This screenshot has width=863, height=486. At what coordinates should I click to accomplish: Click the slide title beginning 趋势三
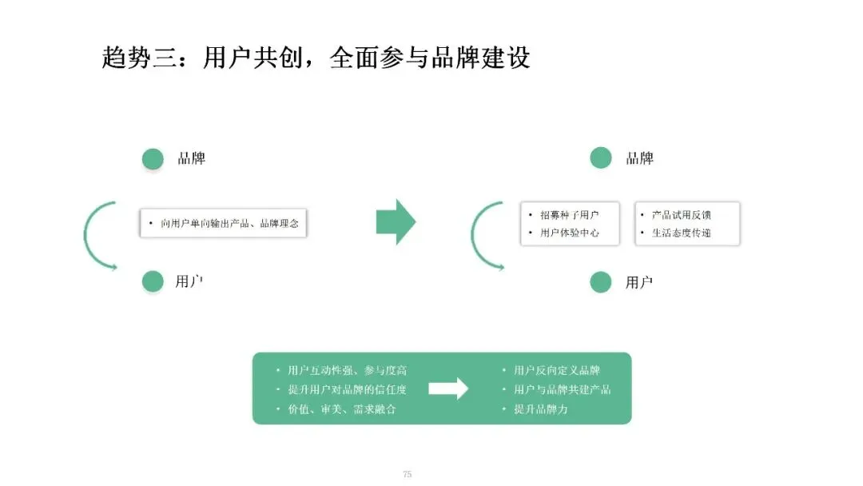(316, 58)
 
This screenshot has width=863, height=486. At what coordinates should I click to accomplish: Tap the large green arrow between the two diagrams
(396, 221)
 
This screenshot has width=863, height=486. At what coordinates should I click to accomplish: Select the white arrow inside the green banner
(448, 388)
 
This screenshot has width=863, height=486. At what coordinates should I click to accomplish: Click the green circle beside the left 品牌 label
(153, 159)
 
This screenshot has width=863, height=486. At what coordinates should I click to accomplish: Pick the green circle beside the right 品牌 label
(600, 158)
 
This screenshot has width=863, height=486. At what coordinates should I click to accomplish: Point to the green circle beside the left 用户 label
(153, 281)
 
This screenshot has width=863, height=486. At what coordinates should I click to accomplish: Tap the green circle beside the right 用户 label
(600, 282)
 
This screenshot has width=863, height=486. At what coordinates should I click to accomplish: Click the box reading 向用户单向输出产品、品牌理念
(224, 223)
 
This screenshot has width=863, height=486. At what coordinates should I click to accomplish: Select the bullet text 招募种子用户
(569, 215)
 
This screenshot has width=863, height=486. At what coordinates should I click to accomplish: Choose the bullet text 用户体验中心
(569, 233)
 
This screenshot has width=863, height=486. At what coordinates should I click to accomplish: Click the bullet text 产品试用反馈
(682, 215)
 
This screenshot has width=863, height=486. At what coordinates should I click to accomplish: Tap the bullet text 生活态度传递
(682, 233)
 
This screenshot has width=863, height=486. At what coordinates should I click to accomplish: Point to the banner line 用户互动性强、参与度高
(348, 370)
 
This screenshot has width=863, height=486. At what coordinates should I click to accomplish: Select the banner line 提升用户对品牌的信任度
(348, 390)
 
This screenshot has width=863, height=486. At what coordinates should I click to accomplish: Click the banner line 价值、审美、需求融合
(342, 409)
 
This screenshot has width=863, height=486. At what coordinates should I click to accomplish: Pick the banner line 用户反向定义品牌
(557, 370)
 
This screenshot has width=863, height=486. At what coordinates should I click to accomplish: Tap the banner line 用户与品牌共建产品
(563, 390)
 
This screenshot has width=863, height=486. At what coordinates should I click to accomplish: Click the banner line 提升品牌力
(541, 409)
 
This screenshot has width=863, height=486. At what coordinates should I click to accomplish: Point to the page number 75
(408, 474)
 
